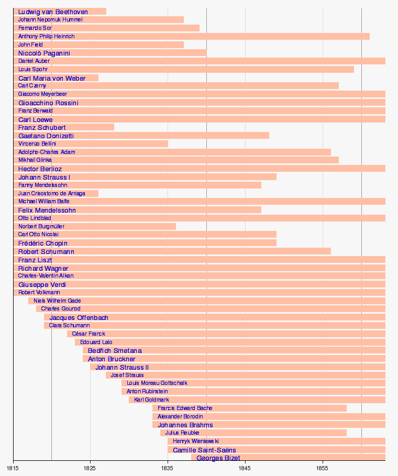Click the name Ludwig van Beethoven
pyautogui.click(x=53, y=12)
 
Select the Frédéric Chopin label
pyautogui.click(x=42, y=243)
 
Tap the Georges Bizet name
pyautogui.click(x=218, y=458)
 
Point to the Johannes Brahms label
pyautogui.click(x=185, y=425)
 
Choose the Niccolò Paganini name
pyautogui.click(x=44, y=53)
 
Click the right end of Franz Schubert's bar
pyautogui.click(x=114, y=127)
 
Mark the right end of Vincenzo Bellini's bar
pyautogui.click(x=168, y=143)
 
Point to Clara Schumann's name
pyautogui.click(x=69, y=326)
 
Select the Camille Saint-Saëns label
pyautogui.click(x=204, y=450)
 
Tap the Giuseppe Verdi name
pyautogui.click(x=42, y=285)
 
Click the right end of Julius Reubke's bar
pyautogui.click(x=346, y=433)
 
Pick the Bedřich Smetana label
pyautogui.click(x=114, y=350)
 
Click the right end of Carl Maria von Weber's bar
pyautogui.click(x=98, y=78)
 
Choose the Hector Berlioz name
pyautogui.click(x=40, y=169)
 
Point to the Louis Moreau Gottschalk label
pyautogui.click(x=157, y=383)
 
